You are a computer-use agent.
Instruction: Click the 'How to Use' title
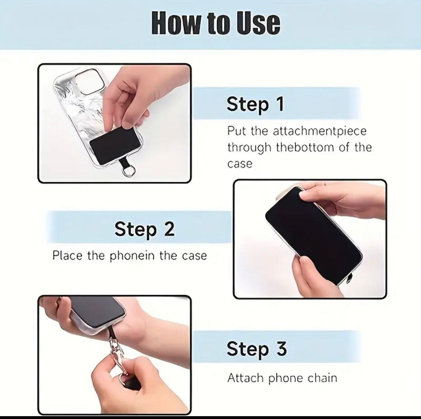click(x=216, y=23)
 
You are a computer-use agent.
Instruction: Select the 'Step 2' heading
click(x=144, y=229)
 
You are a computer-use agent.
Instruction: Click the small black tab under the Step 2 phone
click(x=349, y=281)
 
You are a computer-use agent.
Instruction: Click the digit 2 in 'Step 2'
click(x=169, y=229)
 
